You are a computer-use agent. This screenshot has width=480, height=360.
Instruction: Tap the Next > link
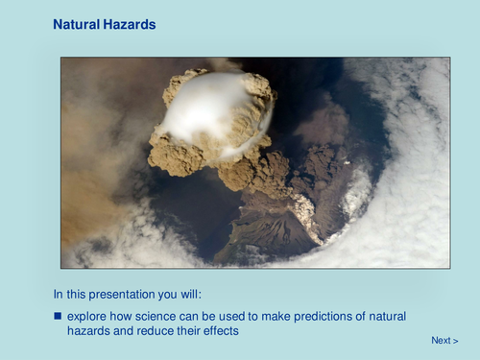click(444, 340)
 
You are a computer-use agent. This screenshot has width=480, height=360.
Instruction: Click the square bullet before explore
click(57, 316)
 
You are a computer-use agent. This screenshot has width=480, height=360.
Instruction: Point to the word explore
click(87, 316)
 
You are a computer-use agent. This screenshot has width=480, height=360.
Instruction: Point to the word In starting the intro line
click(59, 292)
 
